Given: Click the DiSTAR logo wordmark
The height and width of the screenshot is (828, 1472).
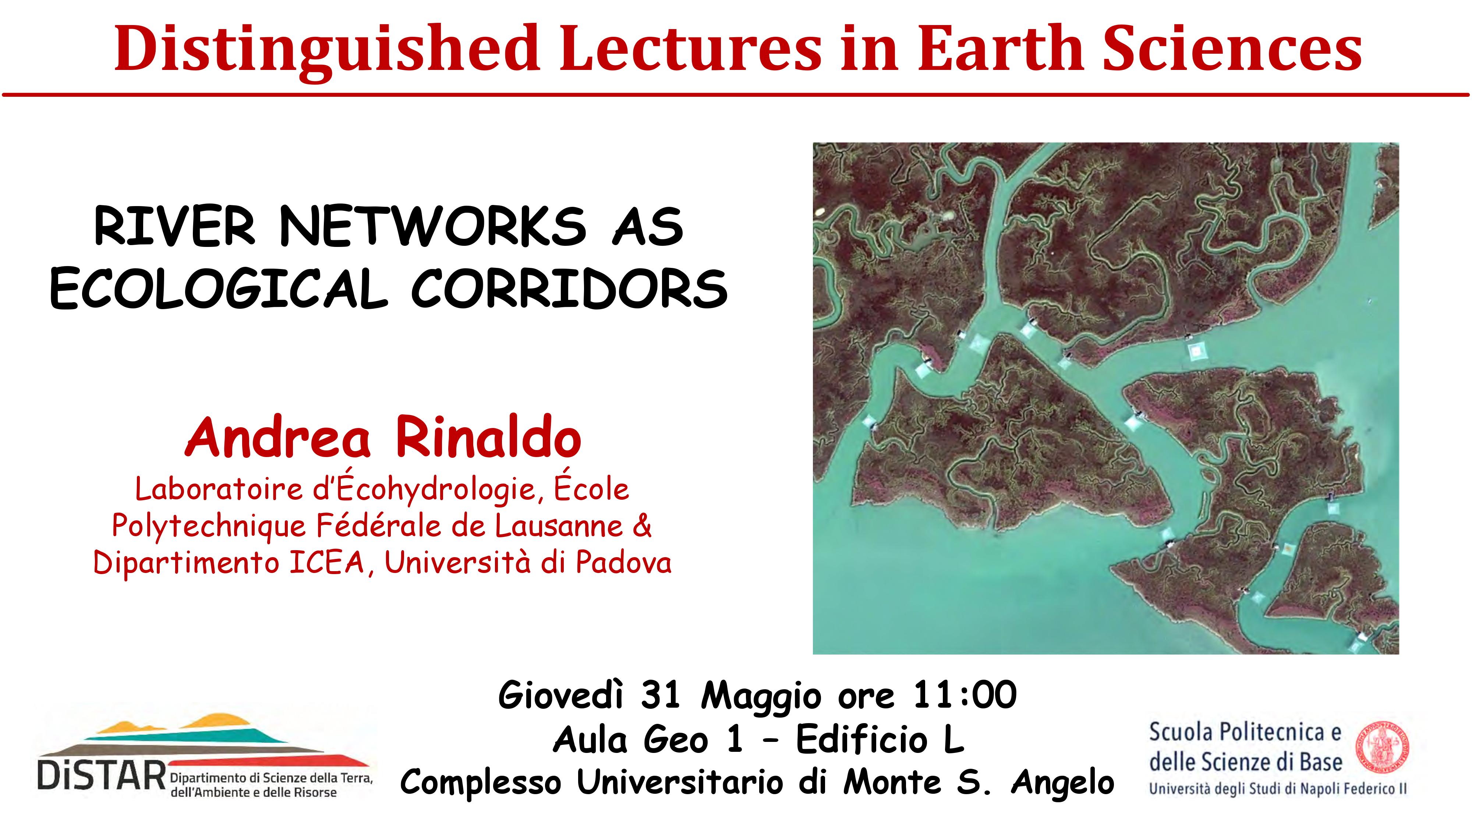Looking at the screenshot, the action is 101,778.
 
